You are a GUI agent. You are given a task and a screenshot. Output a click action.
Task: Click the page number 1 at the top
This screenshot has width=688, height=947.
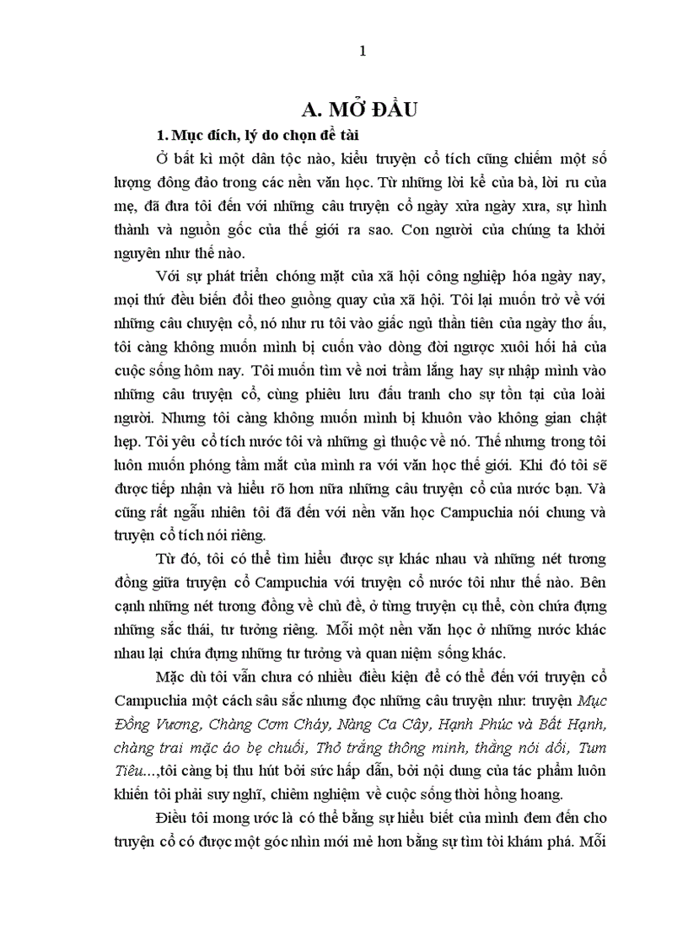click(363, 51)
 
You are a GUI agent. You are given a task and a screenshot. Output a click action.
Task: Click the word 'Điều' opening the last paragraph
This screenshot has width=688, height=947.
click(175, 818)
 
